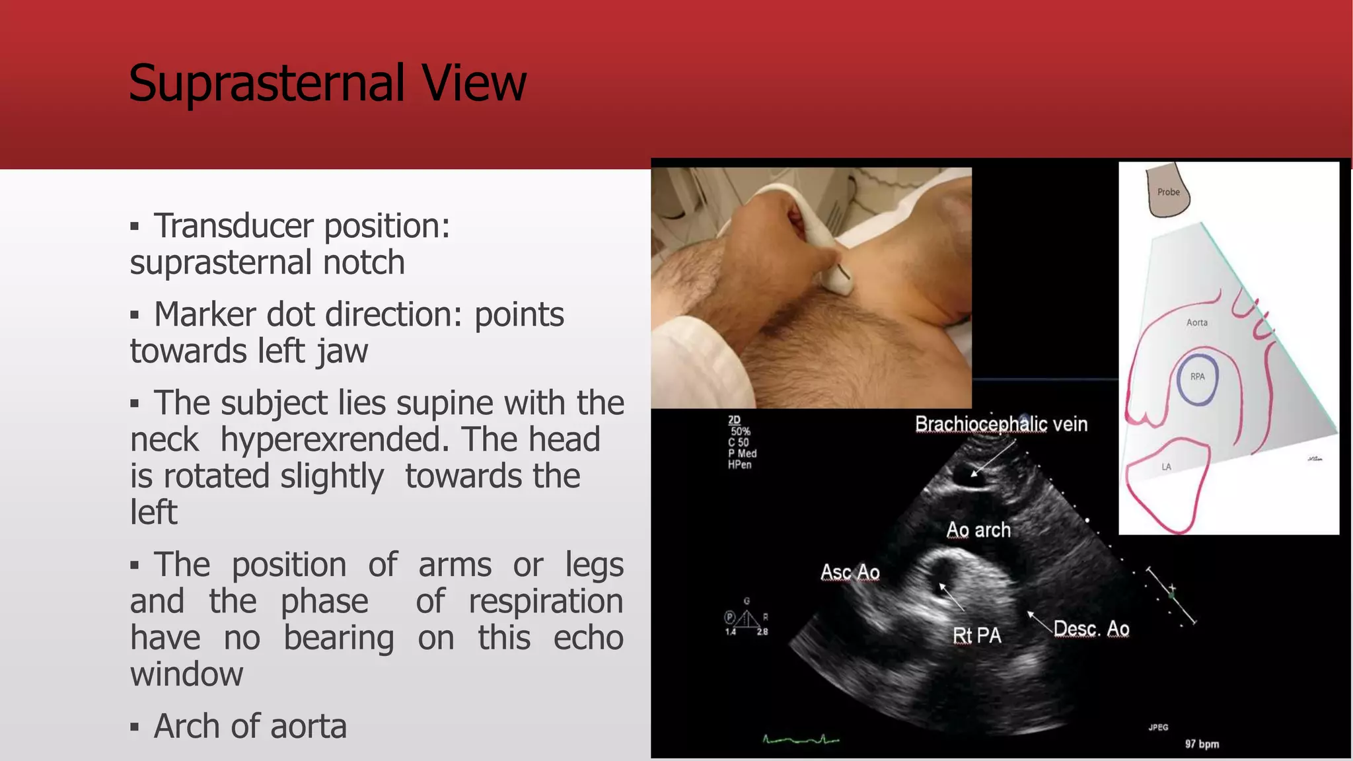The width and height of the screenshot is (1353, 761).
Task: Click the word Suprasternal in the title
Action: click(267, 84)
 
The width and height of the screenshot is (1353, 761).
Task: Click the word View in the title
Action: click(474, 84)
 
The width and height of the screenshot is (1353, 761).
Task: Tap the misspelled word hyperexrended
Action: click(335, 439)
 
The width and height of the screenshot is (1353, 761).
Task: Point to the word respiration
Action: click(546, 601)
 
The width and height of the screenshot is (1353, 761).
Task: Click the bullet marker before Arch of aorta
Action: click(135, 728)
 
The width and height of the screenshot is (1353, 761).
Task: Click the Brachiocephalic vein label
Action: click(1001, 424)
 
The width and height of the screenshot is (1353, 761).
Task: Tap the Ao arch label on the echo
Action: click(978, 530)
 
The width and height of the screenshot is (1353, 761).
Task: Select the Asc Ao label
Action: click(850, 572)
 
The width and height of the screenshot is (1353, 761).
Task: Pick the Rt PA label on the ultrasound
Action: click(977, 635)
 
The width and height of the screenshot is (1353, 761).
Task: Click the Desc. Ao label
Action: click(1091, 628)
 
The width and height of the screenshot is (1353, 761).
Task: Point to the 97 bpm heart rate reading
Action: click(1202, 744)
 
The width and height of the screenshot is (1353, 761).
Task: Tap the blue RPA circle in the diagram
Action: click(1198, 380)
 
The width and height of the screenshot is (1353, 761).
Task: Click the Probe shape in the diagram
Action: click(1167, 192)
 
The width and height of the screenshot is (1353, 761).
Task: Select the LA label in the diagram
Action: click(1167, 467)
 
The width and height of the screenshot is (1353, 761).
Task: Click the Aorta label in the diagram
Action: click(1197, 322)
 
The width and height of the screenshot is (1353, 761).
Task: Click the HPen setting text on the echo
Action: click(740, 465)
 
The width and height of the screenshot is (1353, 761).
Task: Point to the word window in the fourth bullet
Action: click(187, 674)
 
